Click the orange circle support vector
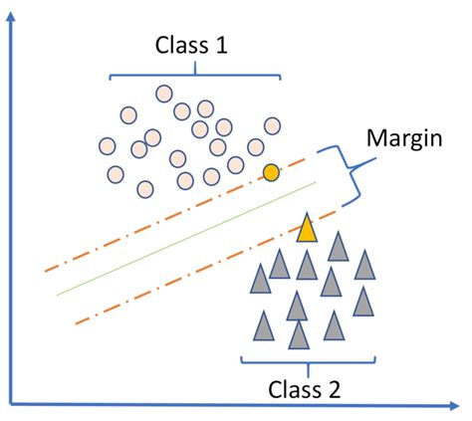271,172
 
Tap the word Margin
404,139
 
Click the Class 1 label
191,45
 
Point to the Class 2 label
305,389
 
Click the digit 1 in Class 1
221,45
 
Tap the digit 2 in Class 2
335,389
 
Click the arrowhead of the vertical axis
11,16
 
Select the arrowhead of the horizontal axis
454,405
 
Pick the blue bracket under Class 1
195,75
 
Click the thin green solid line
187,239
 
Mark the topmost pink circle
164,94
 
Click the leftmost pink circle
108,146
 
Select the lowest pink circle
145,189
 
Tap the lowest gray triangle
299,335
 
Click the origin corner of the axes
11,404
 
